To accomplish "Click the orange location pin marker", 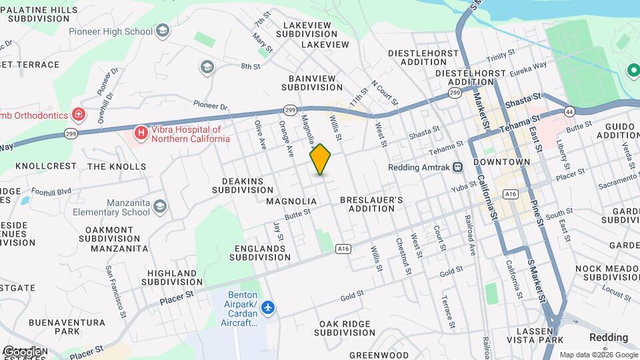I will coord(321,159).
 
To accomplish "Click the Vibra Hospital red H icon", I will coord(141,133).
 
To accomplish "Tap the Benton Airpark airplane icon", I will coord(268,307).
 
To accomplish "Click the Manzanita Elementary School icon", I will coord(160,207).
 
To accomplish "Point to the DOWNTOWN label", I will coord(501,162).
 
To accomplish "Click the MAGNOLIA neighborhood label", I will coord(291,201).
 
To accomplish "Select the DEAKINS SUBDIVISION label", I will coord(243,185).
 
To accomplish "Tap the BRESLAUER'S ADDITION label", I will coord(371,204).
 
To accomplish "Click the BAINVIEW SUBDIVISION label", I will coord(312,83).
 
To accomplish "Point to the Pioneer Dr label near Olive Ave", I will coord(210,105).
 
